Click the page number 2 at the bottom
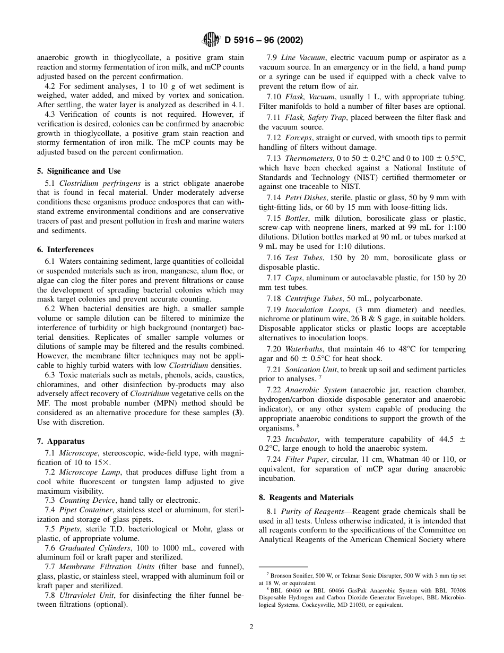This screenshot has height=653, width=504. coord(251,626)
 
